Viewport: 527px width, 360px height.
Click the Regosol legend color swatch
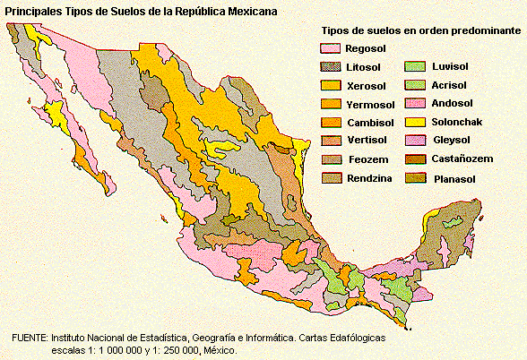(x=331, y=48)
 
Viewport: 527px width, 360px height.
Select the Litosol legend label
(x=365, y=67)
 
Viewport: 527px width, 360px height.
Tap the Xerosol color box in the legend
(x=331, y=86)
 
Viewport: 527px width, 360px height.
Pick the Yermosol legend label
(x=369, y=104)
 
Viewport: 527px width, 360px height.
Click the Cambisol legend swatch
(x=331, y=123)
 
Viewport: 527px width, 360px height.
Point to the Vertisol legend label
(x=367, y=141)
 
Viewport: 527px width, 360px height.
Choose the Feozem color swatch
(x=331, y=160)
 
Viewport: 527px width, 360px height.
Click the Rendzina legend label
(x=368, y=178)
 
